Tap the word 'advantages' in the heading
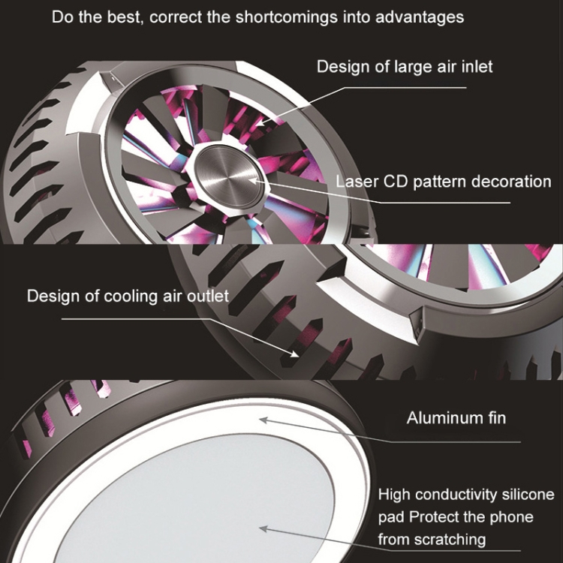pos(420,17)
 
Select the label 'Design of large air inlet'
pos(405,67)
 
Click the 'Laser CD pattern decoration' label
pos(444,182)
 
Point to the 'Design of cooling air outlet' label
pos(128,297)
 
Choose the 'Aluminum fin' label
pos(456,418)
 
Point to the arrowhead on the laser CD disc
pos(254,180)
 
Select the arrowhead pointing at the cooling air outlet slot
pos(294,354)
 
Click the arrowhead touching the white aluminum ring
pos(264,420)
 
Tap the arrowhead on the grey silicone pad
pos(264,528)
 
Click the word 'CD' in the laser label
pos(396,182)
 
